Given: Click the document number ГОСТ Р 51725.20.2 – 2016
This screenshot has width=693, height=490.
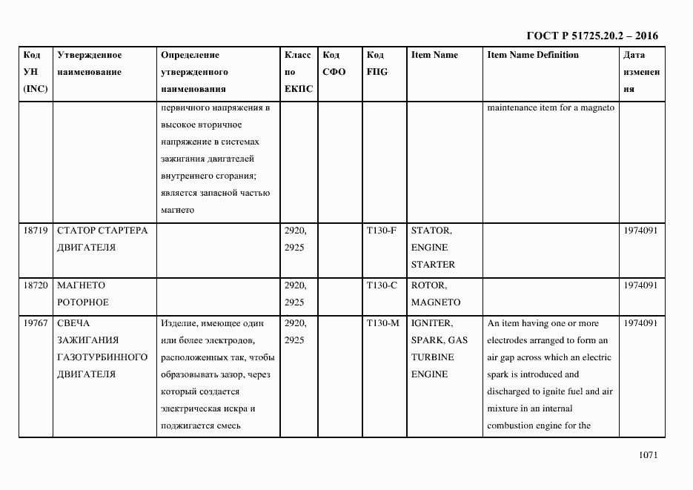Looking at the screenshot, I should tap(591, 36).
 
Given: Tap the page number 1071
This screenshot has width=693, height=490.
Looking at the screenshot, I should tap(647, 455).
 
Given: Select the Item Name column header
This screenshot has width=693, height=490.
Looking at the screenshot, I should tap(434, 55).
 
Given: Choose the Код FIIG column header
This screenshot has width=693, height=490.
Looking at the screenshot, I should tap(377, 64).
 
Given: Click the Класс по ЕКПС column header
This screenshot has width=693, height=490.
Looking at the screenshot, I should tap(298, 72).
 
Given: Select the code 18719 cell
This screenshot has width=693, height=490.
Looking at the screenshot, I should tap(36, 230).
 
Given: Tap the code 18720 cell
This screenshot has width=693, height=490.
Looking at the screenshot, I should tap(36, 285).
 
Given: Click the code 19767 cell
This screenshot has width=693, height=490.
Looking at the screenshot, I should tap(36, 323).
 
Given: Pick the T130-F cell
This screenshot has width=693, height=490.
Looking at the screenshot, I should tap(382, 230).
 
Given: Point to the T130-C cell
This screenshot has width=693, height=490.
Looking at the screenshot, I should tap(382, 285).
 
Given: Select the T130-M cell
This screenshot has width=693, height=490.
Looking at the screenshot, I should tap(383, 323).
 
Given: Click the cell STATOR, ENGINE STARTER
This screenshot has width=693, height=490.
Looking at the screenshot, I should tap(434, 247).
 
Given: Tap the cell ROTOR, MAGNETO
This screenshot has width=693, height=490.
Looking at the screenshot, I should tap(435, 294).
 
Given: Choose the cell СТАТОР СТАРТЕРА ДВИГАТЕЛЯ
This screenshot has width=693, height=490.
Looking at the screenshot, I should tap(102, 238).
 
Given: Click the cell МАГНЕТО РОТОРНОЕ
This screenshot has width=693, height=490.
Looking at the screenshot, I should tap(83, 294).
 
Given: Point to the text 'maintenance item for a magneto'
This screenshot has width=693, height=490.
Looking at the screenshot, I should tap(551, 107).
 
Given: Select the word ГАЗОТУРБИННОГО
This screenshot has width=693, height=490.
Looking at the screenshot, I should tap(102, 357).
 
